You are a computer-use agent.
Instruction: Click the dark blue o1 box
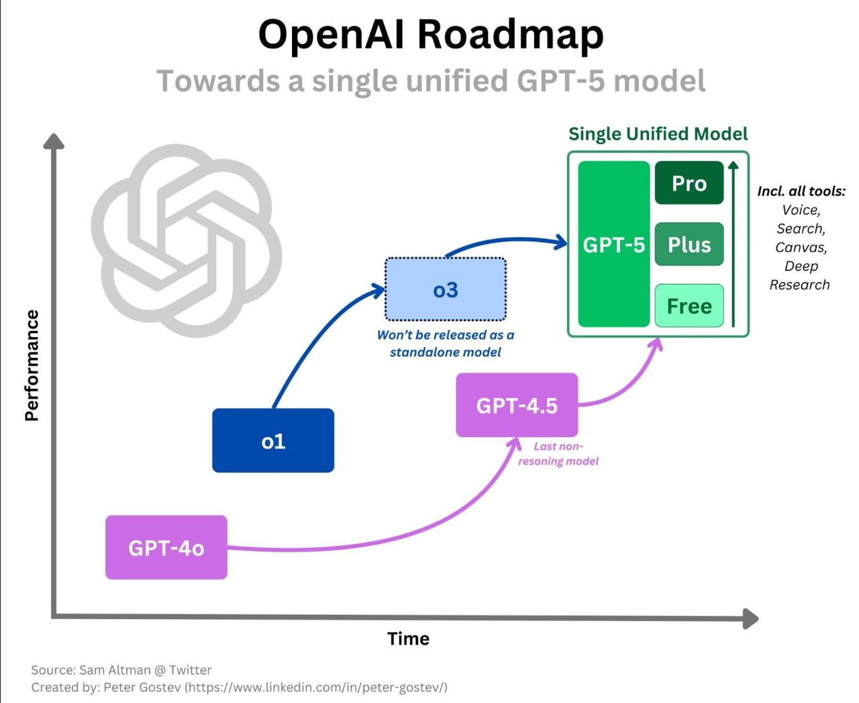pos(273,440)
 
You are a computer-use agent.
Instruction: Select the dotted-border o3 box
pos(446,289)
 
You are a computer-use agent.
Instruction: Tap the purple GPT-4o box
pos(166,547)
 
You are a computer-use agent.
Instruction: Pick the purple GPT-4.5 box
pos(517,405)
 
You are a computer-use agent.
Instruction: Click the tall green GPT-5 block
pos(613,244)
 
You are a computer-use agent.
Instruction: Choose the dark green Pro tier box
pos(689,183)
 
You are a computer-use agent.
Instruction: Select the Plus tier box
pos(689,244)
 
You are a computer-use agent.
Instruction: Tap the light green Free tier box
pos(689,306)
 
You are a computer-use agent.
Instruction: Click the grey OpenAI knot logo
pos(186,240)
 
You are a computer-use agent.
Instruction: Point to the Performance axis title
pos(31,365)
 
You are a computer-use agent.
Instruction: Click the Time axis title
pos(408,639)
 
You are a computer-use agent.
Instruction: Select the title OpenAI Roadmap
pos(431,34)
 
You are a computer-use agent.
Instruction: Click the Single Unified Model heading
pos(658,134)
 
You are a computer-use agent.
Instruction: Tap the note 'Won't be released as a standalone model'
pos(446,343)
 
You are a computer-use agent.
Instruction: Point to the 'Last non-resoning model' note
pos(558,454)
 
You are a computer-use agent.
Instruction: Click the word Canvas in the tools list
pos(801,247)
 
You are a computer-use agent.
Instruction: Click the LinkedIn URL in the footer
pos(316,687)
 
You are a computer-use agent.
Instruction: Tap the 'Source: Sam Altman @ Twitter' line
pos(121,669)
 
